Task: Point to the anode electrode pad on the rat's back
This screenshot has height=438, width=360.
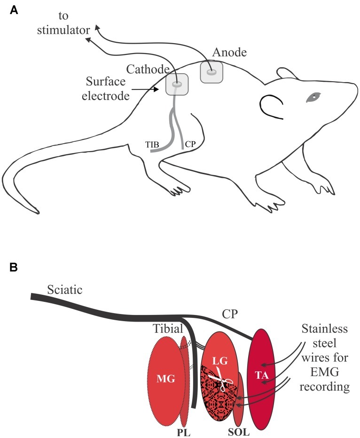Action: pyautogui.click(x=211, y=73)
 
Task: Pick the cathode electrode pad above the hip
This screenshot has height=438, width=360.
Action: pyautogui.click(x=177, y=85)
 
